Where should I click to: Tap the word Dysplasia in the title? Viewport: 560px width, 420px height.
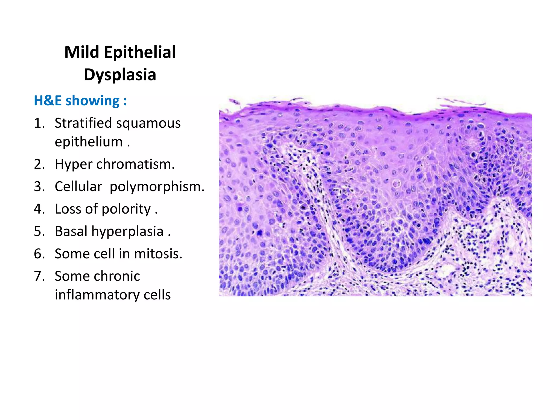[x=120, y=74]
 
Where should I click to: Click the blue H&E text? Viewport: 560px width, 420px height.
[x=48, y=100]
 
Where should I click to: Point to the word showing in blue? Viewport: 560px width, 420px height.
[x=93, y=101]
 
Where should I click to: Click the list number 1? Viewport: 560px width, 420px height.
[x=39, y=123]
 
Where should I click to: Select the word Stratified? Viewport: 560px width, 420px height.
[x=83, y=123]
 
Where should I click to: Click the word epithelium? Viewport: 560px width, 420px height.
[x=89, y=142]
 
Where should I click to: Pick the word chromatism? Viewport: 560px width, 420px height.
[x=135, y=164]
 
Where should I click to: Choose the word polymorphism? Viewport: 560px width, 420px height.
[x=157, y=187]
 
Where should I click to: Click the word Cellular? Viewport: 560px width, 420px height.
[x=78, y=186]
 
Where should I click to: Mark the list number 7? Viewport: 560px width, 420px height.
[x=39, y=276]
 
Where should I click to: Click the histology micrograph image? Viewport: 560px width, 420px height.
[x=375, y=197]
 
